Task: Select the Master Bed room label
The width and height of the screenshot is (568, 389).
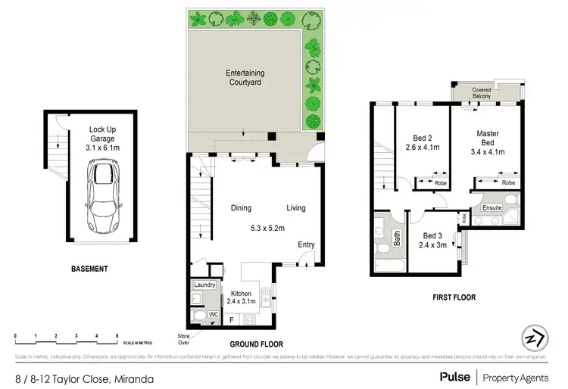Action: point(487,138)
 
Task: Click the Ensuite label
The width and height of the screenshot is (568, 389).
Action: point(492,207)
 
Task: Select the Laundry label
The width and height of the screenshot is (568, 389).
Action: point(204,285)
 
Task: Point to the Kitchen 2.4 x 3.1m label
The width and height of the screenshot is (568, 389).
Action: point(242,297)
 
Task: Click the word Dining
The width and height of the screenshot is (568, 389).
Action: point(242,208)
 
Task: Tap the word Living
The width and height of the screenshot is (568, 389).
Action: point(296,208)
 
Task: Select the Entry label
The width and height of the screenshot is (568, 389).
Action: point(306,244)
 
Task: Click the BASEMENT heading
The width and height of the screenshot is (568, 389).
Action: point(89,269)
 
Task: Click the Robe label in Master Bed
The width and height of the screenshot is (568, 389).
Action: point(509,182)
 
